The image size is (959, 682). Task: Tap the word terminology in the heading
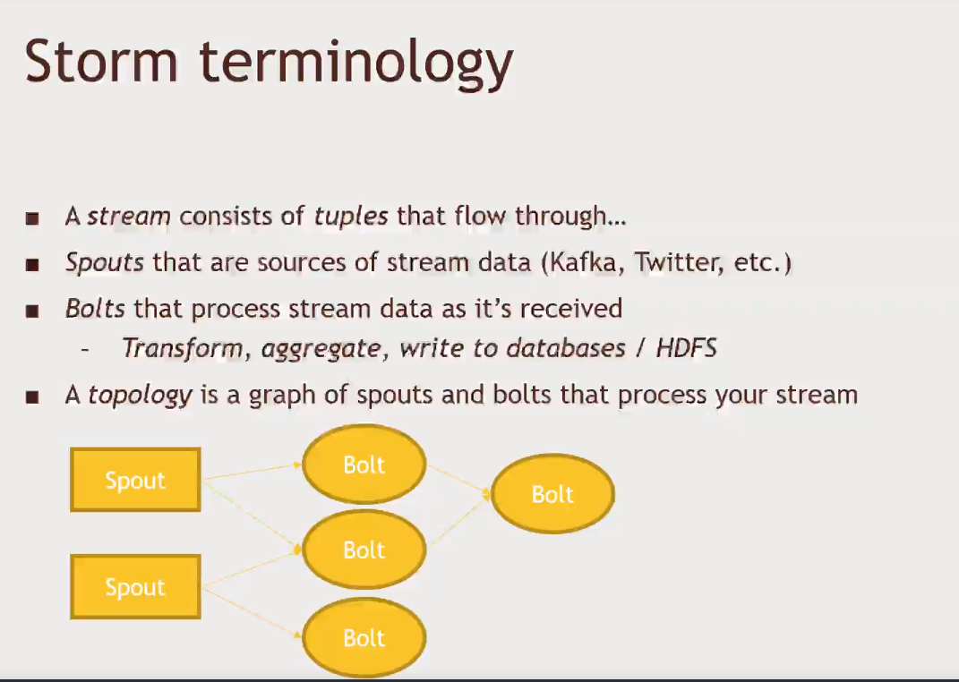(356, 64)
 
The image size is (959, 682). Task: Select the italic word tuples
(351, 216)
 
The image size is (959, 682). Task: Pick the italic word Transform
(183, 348)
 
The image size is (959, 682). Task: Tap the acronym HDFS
(686, 348)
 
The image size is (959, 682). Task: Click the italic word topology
(141, 396)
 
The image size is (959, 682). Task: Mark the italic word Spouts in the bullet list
(105, 263)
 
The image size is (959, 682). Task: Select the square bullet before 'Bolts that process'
(32, 311)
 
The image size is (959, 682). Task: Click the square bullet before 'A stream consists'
(32, 218)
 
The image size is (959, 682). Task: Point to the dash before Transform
(85, 350)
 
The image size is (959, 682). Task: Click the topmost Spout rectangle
(135, 480)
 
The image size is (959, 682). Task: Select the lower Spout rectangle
(135, 586)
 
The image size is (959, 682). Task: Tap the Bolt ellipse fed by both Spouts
(364, 550)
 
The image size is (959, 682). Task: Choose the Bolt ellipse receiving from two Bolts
(552, 494)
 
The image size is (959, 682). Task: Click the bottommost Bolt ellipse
(364, 638)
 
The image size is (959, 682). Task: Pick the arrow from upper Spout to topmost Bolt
(252, 471)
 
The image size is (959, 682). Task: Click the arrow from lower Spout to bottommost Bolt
(252, 611)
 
